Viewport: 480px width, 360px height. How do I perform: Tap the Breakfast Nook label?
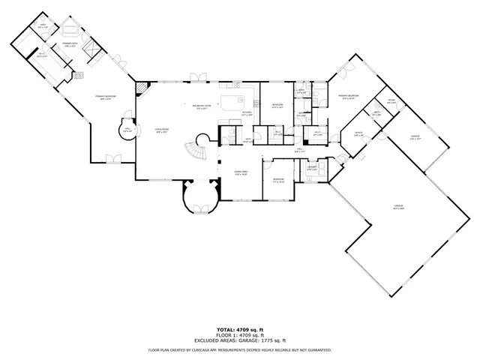coord(202,106)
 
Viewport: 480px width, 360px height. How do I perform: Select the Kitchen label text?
coord(247,114)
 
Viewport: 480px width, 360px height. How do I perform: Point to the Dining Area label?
coord(241,173)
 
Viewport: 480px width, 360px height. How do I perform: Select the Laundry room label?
coord(313,169)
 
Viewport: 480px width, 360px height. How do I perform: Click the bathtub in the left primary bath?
coord(69,31)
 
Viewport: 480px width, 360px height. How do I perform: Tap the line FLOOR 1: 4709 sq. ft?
coord(239,334)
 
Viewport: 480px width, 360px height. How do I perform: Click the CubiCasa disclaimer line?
coord(239,349)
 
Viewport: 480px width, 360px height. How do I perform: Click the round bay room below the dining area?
coord(201,197)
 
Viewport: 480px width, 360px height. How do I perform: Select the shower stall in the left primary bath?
coord(91,49)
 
